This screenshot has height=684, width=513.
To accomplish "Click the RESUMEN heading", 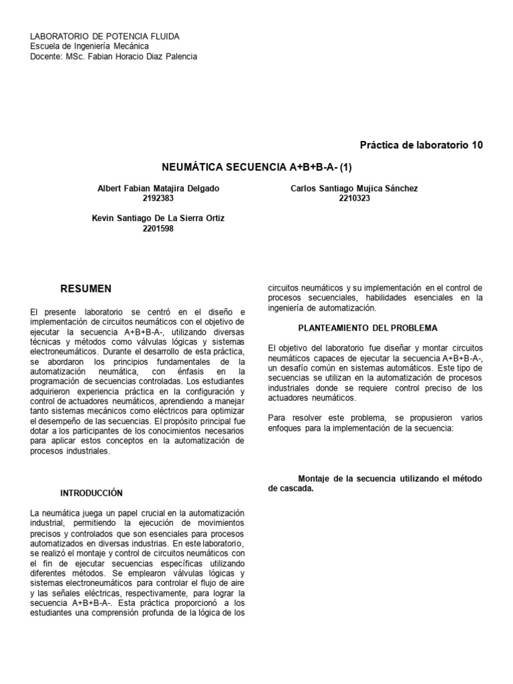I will coord(86,289).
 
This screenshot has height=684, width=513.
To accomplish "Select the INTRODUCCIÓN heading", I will coord(92,493).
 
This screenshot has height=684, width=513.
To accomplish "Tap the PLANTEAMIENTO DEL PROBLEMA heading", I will coord(367,328).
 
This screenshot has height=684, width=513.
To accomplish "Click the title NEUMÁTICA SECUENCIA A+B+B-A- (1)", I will coord(256,165).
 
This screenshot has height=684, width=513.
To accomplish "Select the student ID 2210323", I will coord(354,198).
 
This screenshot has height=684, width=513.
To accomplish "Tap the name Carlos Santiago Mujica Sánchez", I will coord(354,189).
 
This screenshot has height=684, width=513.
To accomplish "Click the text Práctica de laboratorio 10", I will coord(421,145).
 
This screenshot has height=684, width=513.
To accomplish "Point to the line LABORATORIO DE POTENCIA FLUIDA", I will coord(106,36).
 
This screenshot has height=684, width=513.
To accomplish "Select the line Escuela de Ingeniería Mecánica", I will coord(90,46).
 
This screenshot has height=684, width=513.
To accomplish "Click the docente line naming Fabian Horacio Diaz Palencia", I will coord(114,56).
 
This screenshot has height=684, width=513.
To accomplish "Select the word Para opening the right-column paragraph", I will coord(277,418).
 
